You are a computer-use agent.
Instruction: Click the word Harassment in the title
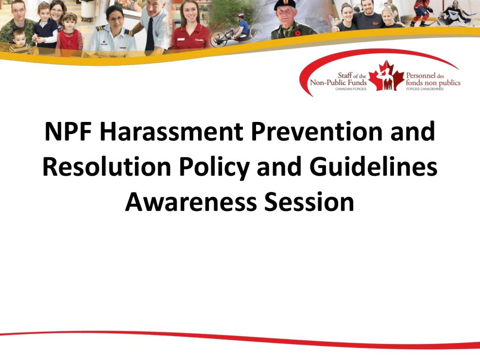(x=171, y=131)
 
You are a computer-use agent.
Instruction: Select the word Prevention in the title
(x=317, y=131)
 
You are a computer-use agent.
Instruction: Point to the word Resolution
(x=106, y=166)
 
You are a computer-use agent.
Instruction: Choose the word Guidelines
(x=373, y=166)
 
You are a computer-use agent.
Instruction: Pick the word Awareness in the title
(x=191, y=202)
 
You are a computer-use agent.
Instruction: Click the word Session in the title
(x=309, y=202)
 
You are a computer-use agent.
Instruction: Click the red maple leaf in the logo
(x=386, y=76)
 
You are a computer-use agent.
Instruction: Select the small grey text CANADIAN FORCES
(x=350, y=89)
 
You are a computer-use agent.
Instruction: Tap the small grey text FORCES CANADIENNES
(x=425, y=89)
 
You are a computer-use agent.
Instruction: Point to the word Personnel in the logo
(x=420, y=75)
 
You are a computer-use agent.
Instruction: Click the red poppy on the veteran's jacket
(x=298, y=33)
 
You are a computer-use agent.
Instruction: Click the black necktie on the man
(x=150, y=34)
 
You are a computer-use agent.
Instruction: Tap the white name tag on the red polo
(x=180, y=40)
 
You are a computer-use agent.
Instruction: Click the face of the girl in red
(x=69, y=22)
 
